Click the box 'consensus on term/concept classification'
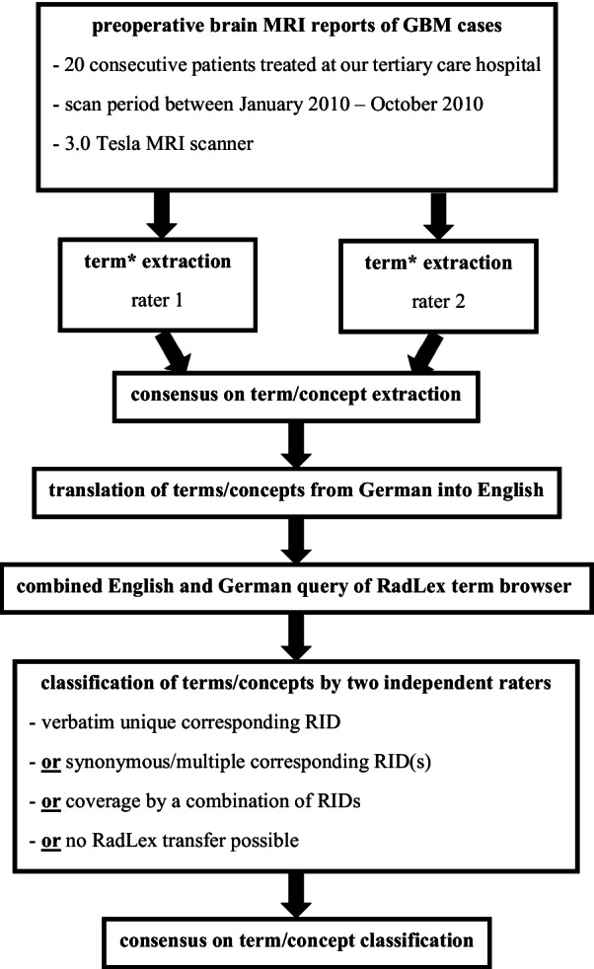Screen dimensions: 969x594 point(295,940)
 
